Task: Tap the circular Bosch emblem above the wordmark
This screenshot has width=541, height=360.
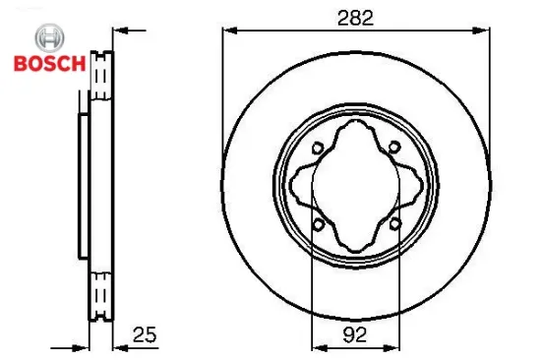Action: [47, 37]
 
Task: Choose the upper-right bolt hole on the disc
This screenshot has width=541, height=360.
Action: [394, 148]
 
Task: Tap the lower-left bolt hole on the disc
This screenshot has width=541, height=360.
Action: [317, 225]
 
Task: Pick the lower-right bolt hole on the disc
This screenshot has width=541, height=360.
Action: [394, 225]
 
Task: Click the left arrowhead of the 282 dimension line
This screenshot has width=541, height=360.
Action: [225, 29]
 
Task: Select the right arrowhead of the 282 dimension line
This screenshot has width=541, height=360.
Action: [486, 29]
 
